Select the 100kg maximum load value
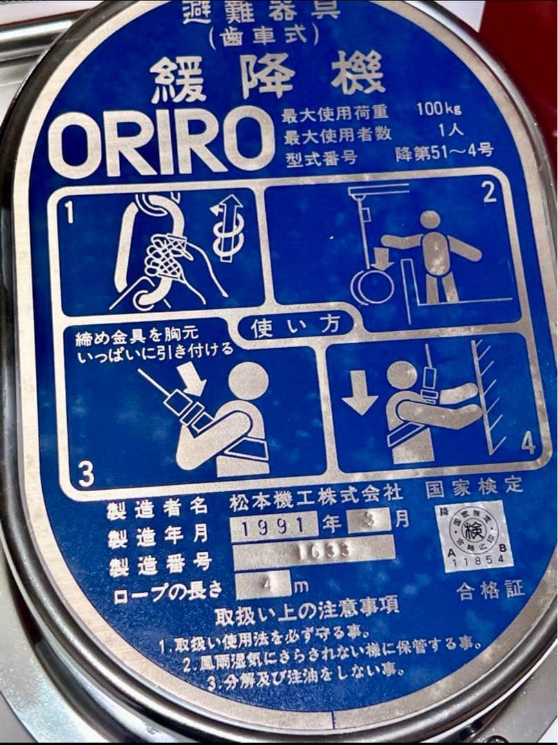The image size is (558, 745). click(439, 109)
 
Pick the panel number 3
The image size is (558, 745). click(85, 473)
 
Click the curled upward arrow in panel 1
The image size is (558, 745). click(227, 227)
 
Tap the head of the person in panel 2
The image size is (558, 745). click(430, 220)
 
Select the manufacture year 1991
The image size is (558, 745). click(274, 528)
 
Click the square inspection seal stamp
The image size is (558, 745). click(473, 535)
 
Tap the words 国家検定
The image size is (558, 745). click(474, 488)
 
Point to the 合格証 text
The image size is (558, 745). click(491, 590)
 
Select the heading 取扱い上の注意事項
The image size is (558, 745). click(307, 610)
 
